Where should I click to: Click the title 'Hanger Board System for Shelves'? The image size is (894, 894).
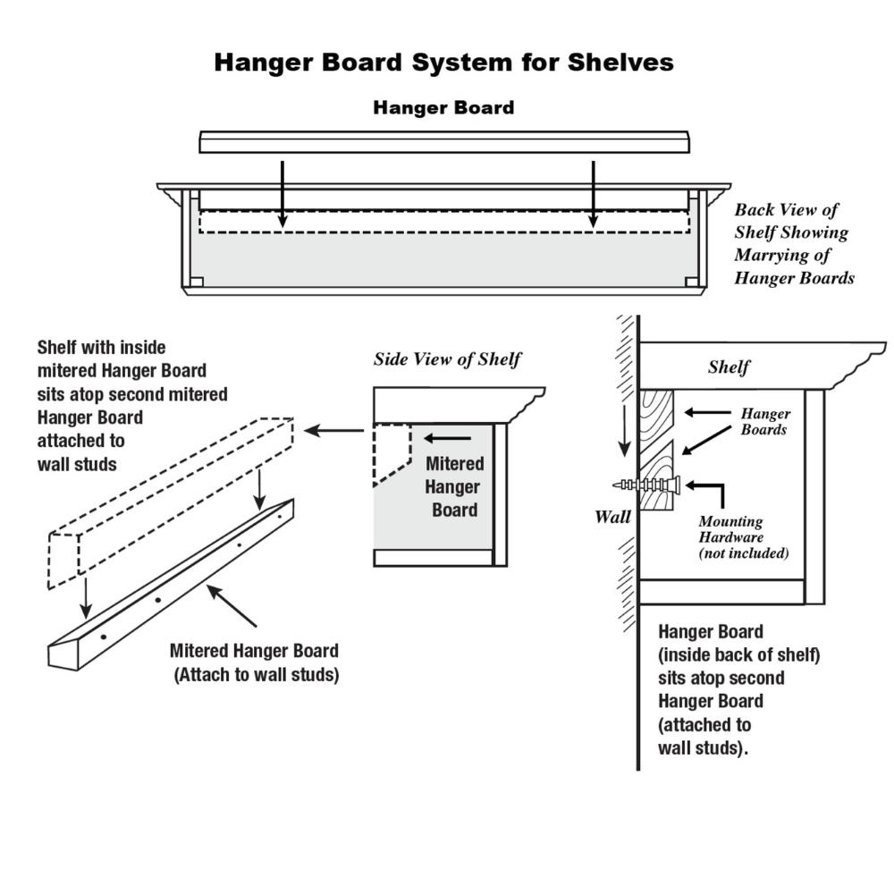point(443,63)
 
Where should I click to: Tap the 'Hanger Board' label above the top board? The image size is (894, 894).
point(443,108)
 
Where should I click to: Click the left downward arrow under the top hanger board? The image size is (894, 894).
point(283,192)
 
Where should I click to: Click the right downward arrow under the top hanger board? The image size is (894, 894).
point(593,192)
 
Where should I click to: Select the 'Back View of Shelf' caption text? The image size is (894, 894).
point(794,244)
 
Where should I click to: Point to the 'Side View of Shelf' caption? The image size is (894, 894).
point(447,359)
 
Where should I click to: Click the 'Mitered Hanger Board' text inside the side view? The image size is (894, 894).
point(454,486)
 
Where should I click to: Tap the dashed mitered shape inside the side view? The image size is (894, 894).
point(392,451)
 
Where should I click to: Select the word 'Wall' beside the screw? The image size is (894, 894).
point(613,517)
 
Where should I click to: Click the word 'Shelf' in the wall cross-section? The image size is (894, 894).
point(729,367)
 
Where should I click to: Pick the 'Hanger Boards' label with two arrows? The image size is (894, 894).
point(764,422)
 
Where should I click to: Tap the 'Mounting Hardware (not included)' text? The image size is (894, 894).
point(743,537)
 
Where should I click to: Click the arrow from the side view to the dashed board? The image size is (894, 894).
point(333,431)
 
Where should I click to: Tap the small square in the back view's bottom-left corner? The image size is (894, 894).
point(197,282)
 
